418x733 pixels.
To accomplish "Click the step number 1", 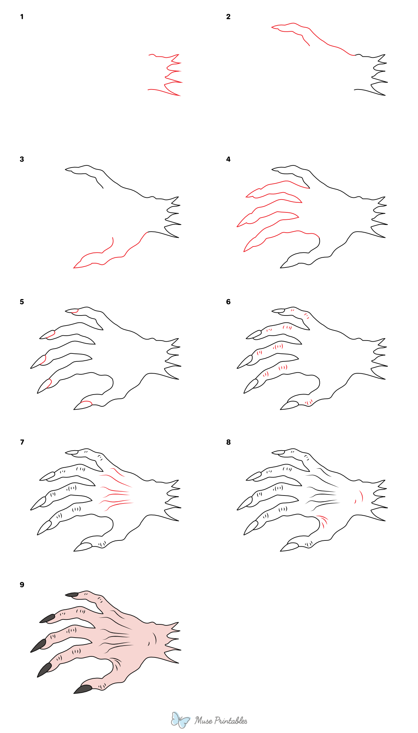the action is coord(22,17).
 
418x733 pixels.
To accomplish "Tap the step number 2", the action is coord(228,17).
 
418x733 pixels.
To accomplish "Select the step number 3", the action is coord(22,159).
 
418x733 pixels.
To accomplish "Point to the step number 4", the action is coord(228,159).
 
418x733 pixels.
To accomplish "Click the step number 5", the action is coord(22,302).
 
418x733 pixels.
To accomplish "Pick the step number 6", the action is coord(228,302).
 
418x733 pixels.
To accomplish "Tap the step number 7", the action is coord(22,442).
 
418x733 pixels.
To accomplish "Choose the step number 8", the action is coord(228,442).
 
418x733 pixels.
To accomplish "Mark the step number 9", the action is coord(22,585).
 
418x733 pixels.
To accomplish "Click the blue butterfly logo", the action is coord(180,720).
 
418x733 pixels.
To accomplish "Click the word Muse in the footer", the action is coord(203,720).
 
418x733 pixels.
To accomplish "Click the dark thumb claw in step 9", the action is coord(83,689).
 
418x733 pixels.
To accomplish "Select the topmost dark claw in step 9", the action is coord(72,594).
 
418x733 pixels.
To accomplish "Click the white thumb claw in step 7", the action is coord(83,547).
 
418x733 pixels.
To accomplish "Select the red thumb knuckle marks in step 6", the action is coord(309,403).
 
